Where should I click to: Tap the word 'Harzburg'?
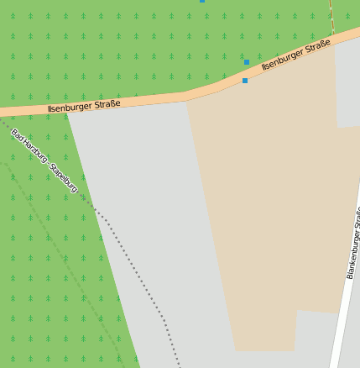point(35,152)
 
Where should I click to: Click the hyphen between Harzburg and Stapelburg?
point(49,164)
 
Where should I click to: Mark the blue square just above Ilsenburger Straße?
point(247,62)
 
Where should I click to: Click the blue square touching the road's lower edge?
point(245,81)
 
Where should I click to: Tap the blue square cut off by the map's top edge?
point(202,1)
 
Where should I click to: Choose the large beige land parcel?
point(269,210)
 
